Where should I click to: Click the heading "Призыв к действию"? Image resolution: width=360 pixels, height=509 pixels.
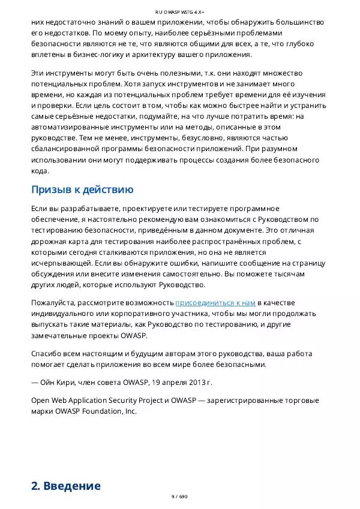82,190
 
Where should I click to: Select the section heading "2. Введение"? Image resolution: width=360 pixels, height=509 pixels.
66,486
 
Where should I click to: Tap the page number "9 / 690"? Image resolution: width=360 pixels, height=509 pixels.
180,497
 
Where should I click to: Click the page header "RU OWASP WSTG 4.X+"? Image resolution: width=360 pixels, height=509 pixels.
180,11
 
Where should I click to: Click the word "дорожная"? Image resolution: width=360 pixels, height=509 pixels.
50,241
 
